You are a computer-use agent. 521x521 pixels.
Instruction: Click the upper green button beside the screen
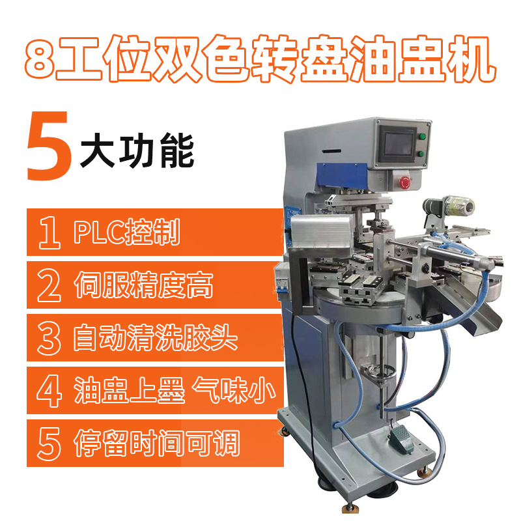tap(422, 136)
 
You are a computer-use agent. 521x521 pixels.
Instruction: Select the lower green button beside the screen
tap(421, 154)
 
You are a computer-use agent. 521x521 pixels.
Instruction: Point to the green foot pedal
tap(401, 438)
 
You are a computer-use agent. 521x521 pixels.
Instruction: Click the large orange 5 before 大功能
tap(49, 146)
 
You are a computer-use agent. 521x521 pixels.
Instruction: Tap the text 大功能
tap(137, 150)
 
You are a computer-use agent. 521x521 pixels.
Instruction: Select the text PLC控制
tap(127, 232)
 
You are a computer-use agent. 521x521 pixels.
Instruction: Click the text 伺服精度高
tap(143, 285)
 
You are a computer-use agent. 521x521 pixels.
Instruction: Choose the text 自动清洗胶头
tap(156, 337)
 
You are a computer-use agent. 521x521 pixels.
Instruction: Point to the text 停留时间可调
tap(157, 443)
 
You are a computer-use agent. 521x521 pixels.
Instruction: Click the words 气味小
tap(234, 390)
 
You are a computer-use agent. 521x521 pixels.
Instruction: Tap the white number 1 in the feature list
tap(49, 232)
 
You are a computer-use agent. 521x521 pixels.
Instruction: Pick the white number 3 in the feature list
tap(49, 338)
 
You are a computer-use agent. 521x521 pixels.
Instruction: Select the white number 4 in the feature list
tap(49, 391)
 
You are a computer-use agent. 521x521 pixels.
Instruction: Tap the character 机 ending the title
tap(471, 59)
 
